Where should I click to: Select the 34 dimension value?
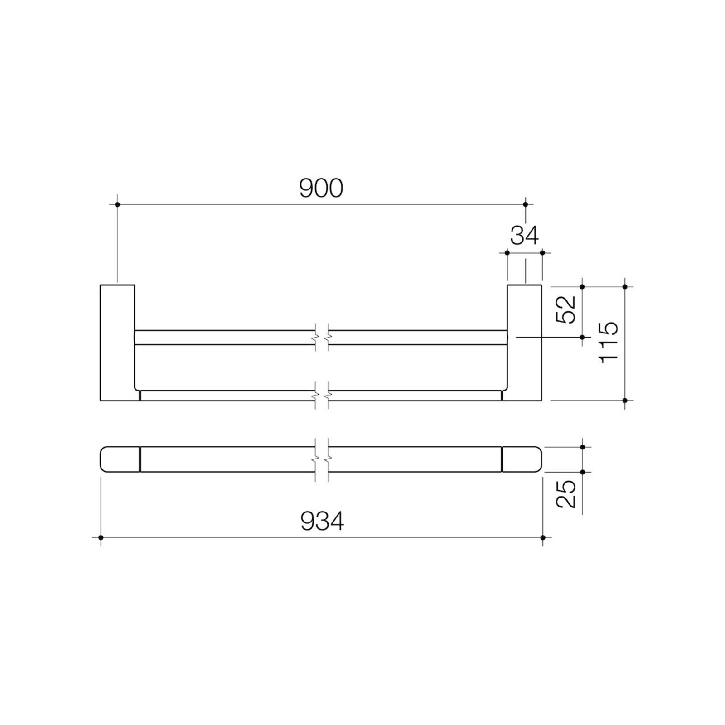coord(525,236)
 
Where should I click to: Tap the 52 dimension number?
coord(566,309)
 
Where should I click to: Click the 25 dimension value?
coord(566,494)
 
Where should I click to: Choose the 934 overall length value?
coord(322,522)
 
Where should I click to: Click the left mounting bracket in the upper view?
coord(117,343)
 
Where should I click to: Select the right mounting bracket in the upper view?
coord(524,343)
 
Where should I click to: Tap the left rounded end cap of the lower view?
coord(120,459)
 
